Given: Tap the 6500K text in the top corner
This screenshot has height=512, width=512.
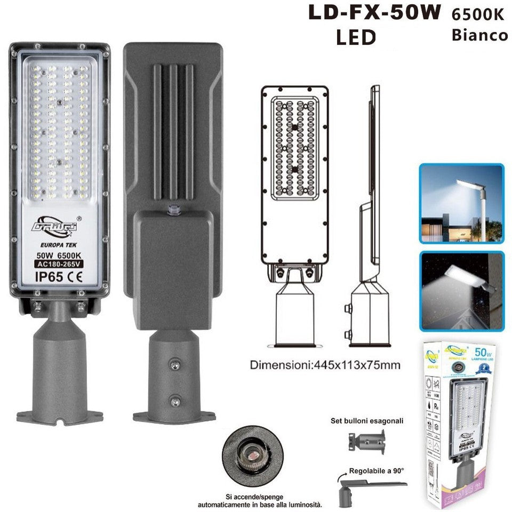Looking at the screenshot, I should click(478, 14).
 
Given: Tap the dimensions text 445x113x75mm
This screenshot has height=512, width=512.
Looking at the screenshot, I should click(326, 366).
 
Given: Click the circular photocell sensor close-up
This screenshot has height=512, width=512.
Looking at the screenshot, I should click(249, 449).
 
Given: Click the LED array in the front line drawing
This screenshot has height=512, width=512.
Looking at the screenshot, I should click(295, 147).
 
